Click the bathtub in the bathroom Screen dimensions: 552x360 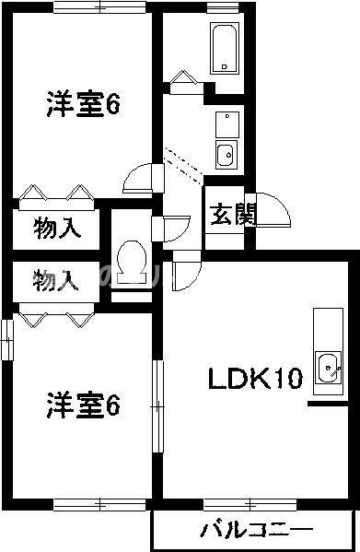pos(224,47)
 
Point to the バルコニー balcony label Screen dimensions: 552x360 pos(255,531)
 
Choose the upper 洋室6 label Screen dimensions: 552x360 pos(84,105)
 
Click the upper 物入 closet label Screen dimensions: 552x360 pos(57,227)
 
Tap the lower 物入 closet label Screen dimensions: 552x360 pos(57,280)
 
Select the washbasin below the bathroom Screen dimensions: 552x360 pos(225,152)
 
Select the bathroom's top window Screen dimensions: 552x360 pos(223,7)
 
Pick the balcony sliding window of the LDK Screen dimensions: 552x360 pos(243,503)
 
